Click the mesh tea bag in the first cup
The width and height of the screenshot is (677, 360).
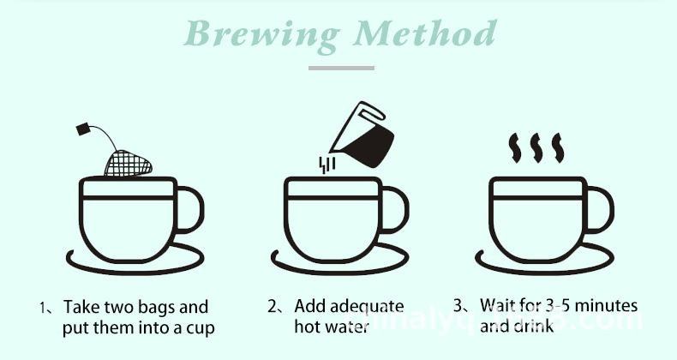click(129, 160)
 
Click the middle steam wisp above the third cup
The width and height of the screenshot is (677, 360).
click(536, 148)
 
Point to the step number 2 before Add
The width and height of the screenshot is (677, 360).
click(272, 307)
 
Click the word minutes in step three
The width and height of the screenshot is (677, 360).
click(608, 307)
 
